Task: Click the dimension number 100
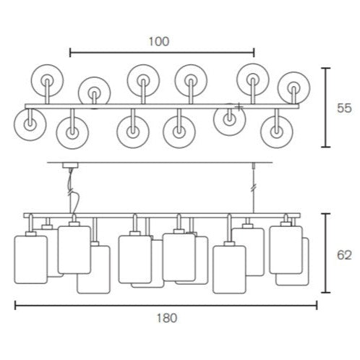pos(159,41)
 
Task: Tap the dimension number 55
pos(344,108)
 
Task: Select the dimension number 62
pos(344,255)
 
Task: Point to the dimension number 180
pos(167,318)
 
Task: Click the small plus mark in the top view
pos(239,107)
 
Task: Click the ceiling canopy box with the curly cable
pos(70,166)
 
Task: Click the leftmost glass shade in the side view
pos(30,260)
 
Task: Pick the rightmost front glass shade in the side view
pos(286,249)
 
